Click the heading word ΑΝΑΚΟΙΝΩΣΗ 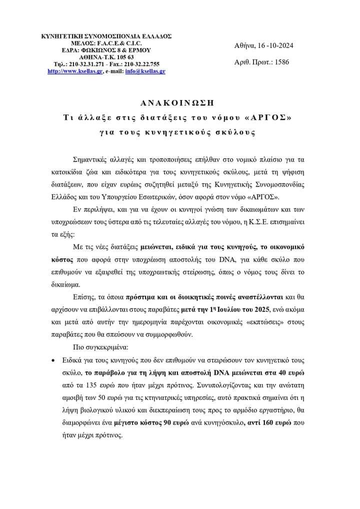pos(180,102)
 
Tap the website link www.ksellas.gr pos(75,71)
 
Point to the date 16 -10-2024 pos(274,45)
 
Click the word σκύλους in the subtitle pos(238,133)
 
